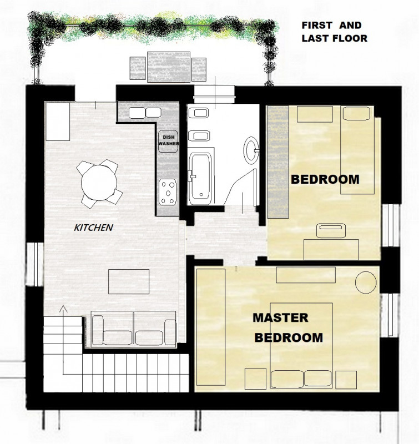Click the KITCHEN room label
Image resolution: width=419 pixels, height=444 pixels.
93,228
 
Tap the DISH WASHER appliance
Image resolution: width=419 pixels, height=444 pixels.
168,141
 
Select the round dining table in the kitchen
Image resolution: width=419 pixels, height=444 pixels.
99,183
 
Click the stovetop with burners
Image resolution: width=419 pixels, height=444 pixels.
168,192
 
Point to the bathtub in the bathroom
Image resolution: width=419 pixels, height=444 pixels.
200,178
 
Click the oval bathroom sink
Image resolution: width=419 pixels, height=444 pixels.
251,150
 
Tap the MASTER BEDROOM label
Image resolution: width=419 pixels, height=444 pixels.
287,327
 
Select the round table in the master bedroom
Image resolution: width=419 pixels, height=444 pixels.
366,282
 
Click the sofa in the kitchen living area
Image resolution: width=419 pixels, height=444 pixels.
134,329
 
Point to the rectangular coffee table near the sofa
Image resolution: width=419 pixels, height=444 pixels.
129,281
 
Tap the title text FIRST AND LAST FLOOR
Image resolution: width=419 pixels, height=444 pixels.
334,32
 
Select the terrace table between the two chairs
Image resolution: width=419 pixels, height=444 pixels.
169,67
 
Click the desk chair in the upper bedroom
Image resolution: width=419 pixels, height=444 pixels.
331,230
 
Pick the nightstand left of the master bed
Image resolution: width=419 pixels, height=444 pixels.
255,379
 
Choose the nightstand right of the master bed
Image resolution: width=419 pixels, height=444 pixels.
346,380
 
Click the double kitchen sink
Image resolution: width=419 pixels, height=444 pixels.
145,113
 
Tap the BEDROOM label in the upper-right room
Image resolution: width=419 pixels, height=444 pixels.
325,179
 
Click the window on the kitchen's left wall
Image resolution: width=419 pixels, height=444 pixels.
35,264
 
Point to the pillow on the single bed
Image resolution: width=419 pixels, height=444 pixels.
356,113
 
